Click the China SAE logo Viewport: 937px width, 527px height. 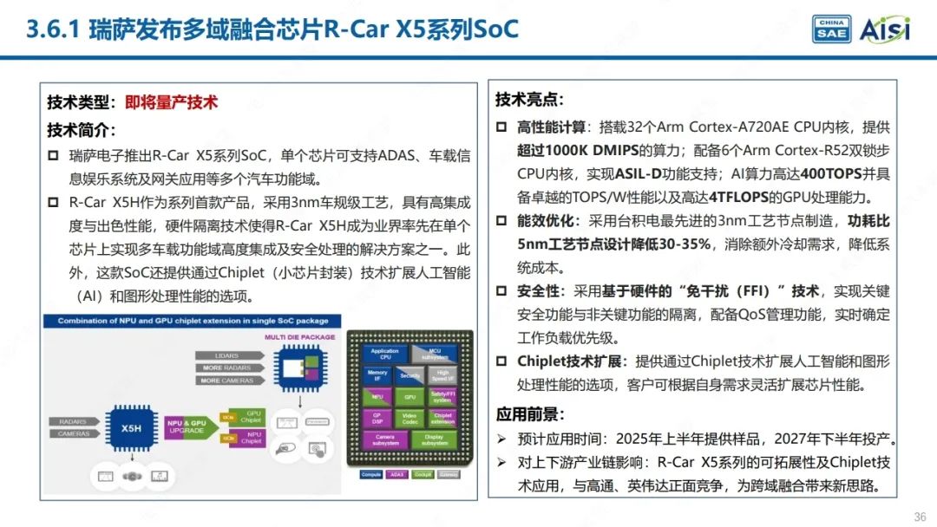pyautogui.click(x=830, y=29)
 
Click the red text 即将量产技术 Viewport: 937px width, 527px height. pyautogui.click(x=171, y=102)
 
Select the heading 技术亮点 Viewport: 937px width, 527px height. pyautogui.click(x=529, y=100)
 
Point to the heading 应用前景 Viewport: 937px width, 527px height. pyautogui.click(x=529, y=414)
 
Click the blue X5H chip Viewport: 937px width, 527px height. pyautogui.click(x=132, y=427)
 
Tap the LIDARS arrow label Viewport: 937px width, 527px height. pyautogui.click(x=227, y=355)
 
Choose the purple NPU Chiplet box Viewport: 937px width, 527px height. pyautogui.click(x=252, y=438)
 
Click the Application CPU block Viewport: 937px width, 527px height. pyautogui.click(x=385, y=354)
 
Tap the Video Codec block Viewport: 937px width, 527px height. pyautogui.click(x=410, y=418)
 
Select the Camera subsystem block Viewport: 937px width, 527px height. pyautogui.click(x=385, y=439)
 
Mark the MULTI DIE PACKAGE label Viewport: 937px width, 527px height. pyautogui.click(x=299, y=335)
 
